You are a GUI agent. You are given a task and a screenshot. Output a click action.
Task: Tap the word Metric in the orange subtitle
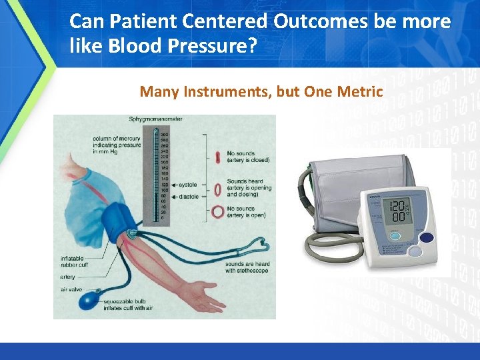(361, 91)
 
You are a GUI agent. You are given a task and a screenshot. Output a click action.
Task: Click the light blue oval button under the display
(395, 236)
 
